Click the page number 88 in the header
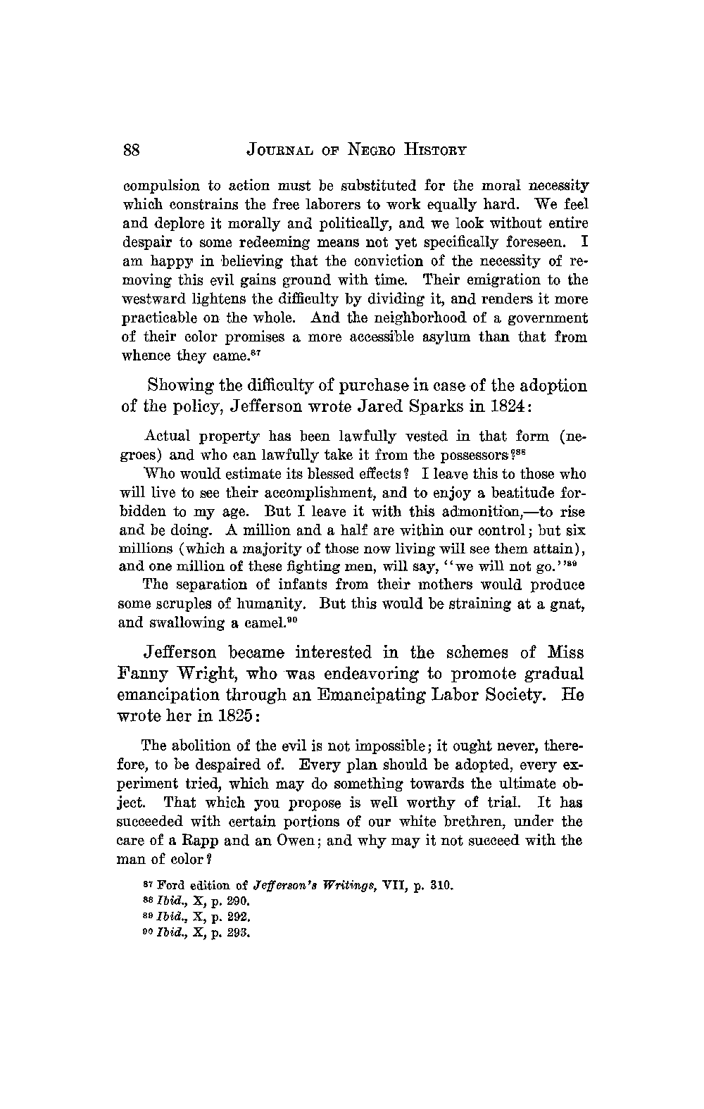tap(133, 150)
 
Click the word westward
tap(154, 299)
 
